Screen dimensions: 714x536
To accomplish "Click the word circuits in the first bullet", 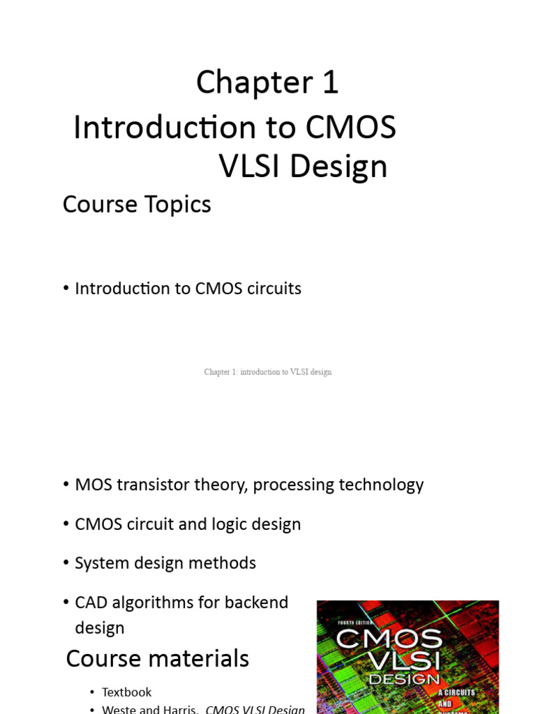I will (273, 289).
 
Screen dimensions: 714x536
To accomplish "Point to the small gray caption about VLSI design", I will (267, 372).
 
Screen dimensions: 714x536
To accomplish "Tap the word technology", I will (378, 485).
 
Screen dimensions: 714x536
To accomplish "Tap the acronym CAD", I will (91, 602).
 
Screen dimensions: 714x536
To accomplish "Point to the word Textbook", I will (126, 692).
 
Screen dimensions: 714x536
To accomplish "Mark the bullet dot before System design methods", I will (66, 563).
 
